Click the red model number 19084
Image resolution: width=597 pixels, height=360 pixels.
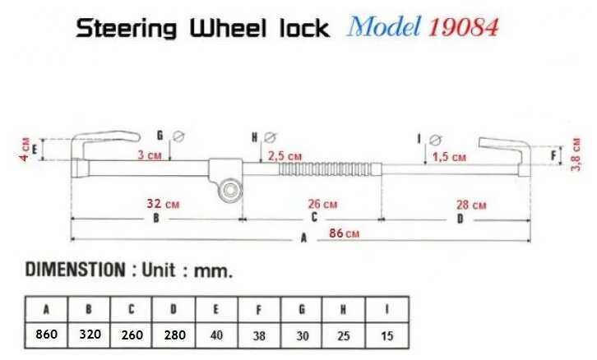463,28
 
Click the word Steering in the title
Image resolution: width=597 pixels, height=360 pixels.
127,29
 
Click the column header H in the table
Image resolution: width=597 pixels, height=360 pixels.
345,309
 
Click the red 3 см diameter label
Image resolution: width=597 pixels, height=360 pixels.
149,154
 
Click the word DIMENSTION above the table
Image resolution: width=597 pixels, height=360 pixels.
75,270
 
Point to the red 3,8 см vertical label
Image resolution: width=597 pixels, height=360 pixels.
576,154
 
